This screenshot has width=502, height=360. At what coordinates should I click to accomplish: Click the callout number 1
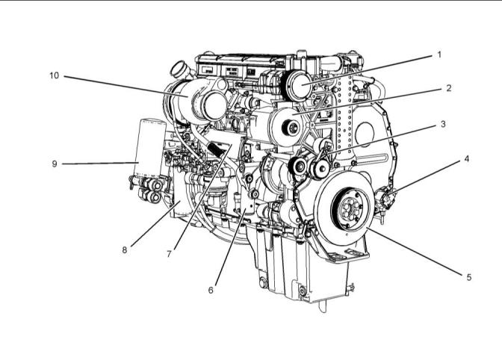pos(439,55)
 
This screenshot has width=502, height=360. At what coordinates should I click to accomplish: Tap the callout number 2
pos(448,88)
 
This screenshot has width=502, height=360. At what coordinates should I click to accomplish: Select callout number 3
pos(443,124)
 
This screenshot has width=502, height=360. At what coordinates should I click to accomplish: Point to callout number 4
pos(466,159)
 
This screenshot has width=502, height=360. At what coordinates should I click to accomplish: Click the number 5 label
pos(468,277)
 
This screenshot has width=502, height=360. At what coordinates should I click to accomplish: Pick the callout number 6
pos(211,291)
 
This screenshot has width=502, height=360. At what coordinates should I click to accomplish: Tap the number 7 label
pos(169,254)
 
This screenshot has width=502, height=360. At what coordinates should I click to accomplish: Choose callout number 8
pos(125,250)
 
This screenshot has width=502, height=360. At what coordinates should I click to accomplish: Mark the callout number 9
pos(55,164)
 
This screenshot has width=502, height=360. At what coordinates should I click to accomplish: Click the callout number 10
pos(55,75)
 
